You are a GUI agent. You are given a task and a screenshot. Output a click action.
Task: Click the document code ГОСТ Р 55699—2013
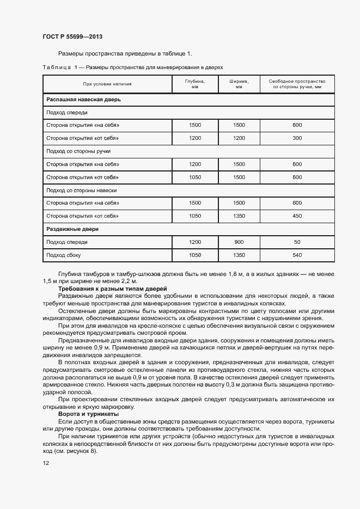(x=72, y=37)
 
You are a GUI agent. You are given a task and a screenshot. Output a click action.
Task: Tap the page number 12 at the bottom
(x=46, y=463)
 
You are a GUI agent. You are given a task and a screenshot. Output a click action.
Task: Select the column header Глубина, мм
(x=194, y=84)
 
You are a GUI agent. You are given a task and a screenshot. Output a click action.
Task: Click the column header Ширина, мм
(x=239, y=84)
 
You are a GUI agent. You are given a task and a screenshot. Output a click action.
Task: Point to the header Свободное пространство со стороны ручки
(x=297, y=84)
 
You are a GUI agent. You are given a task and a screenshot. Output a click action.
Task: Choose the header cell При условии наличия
(x=107, y=84)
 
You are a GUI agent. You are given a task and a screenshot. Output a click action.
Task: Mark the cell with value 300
(x=297, y=138)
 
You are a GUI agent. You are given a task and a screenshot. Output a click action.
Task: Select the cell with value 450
(x=297, y=216)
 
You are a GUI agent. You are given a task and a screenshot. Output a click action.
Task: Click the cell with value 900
(x=239, y=242)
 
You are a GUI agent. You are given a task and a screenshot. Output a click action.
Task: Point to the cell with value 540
(x=297, y=255)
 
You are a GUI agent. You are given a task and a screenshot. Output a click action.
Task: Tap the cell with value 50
(x=297, y=242)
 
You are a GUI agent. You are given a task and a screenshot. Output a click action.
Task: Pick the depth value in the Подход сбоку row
(x=194, y=255)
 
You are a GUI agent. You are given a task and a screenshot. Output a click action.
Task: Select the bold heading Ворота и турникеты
(x=84, y=414)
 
